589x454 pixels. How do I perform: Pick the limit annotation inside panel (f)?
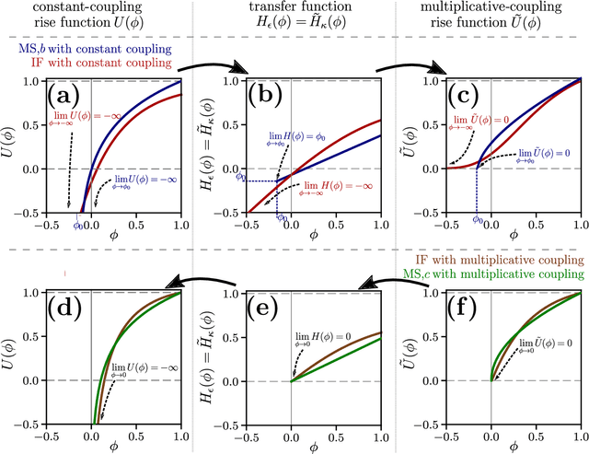click(532, 344)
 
